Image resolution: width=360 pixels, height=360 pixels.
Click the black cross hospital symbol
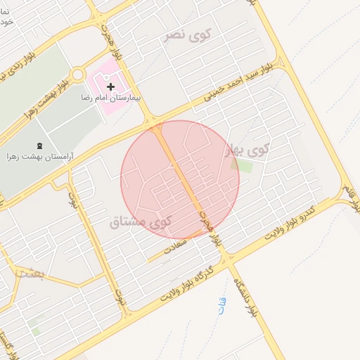tap(110, 86)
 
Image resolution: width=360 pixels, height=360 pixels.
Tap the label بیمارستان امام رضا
tap(111, 98)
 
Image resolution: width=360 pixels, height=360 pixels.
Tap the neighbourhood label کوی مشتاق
tap(141, 222)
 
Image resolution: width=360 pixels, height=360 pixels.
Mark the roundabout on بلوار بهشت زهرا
tap(77, 75)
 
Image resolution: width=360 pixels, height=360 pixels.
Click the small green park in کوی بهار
tap(244, 166)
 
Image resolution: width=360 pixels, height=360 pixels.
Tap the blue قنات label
tap(222, 306)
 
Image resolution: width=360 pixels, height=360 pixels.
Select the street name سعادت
tap(176, 245)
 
